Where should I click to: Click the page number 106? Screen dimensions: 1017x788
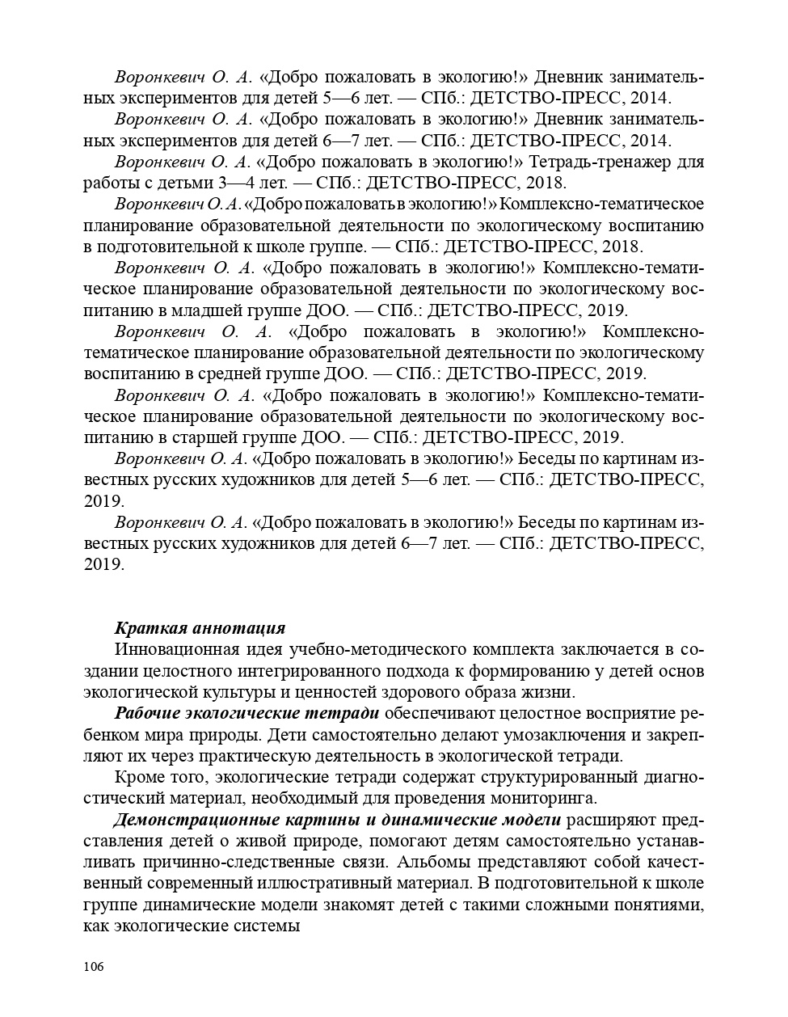95,967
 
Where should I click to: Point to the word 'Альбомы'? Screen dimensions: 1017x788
433,862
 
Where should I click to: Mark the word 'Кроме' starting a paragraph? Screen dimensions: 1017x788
139,778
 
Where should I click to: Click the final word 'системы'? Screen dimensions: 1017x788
270,926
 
